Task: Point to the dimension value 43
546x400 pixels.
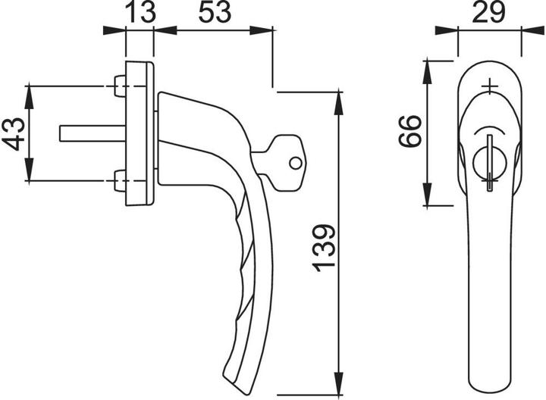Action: tap(13, 133)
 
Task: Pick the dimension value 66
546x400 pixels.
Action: tap(410, 131)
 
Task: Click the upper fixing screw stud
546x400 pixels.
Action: tap(120, 86)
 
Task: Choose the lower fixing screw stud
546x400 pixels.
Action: tap(120, 182)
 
